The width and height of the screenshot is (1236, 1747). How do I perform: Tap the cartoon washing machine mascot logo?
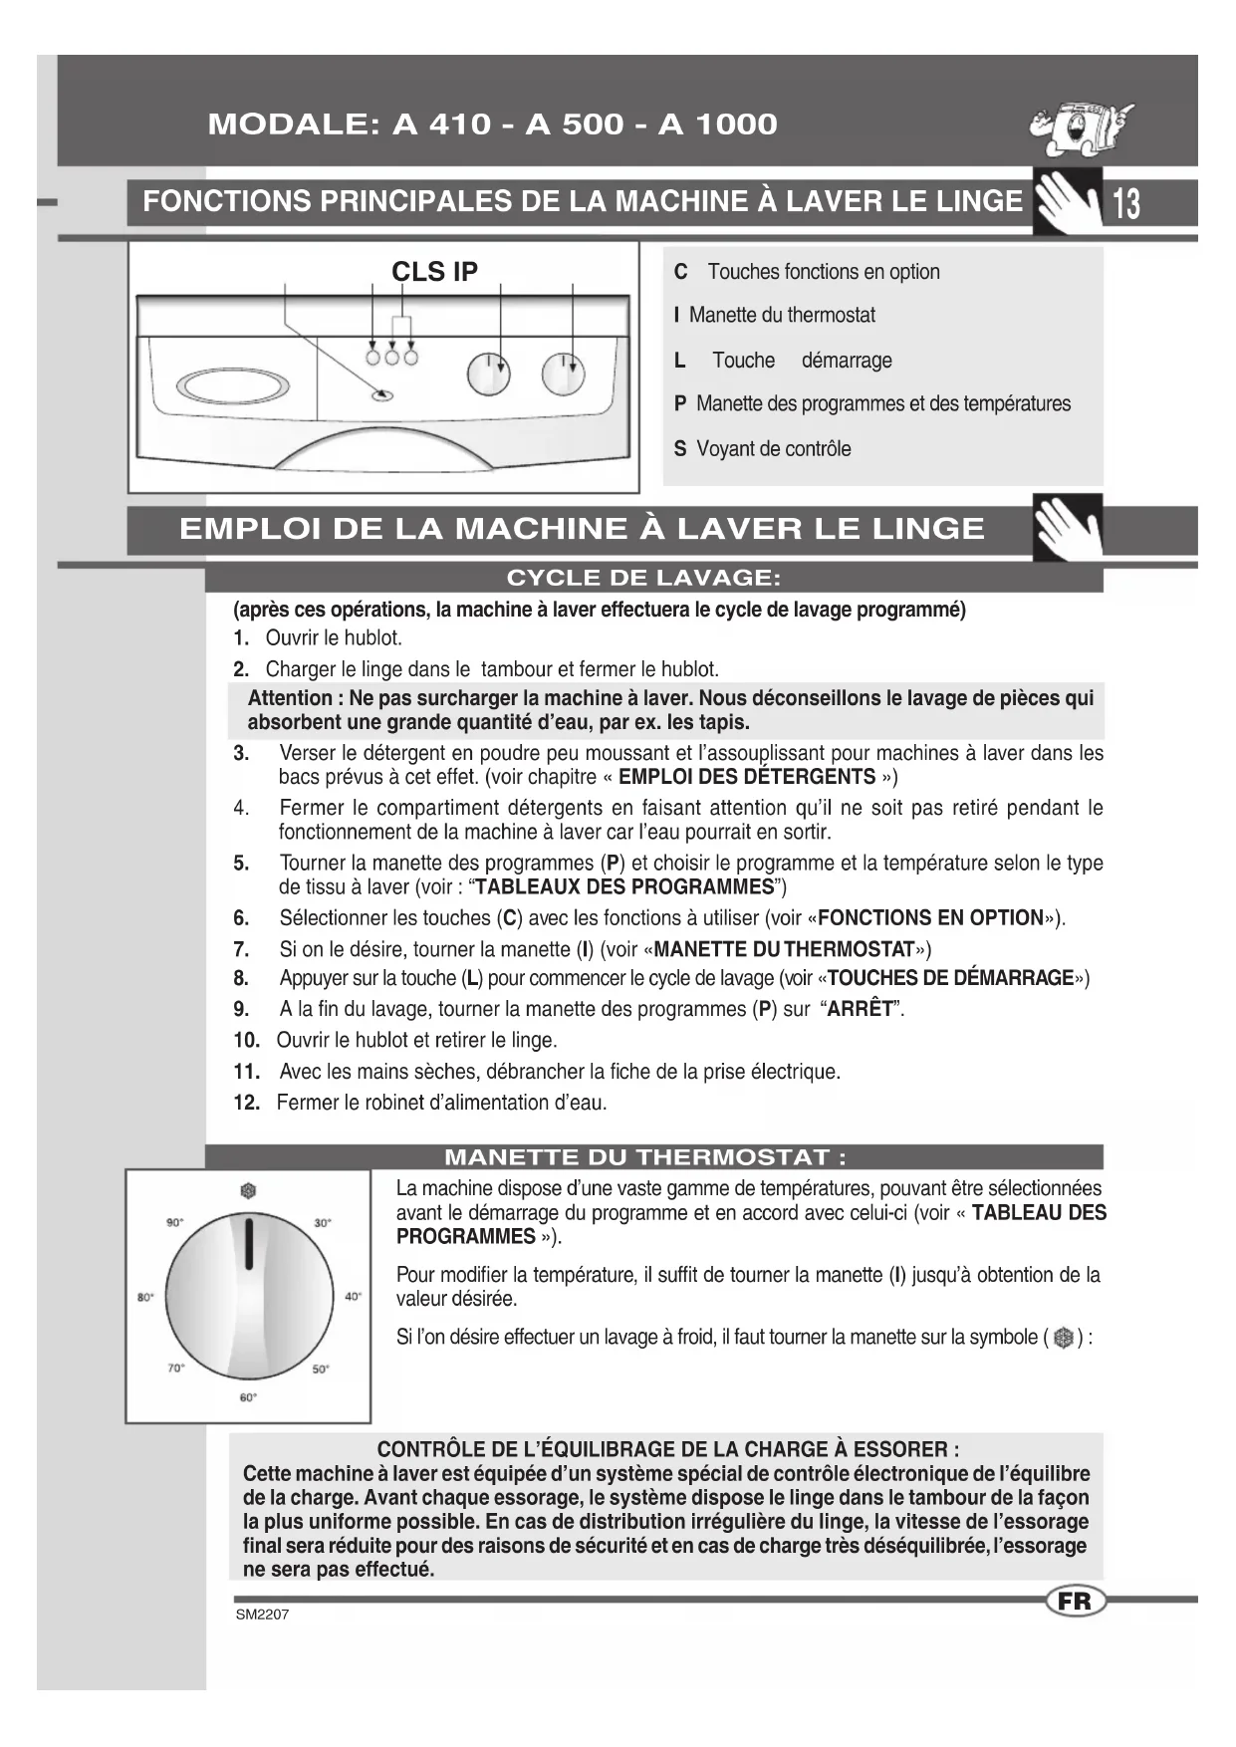point(1081,126)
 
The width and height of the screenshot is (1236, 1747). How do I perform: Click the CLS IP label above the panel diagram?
point(434,272)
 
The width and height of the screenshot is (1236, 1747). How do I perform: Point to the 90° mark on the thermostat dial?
point(174,1222)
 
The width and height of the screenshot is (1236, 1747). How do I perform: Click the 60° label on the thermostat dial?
point(248,1397)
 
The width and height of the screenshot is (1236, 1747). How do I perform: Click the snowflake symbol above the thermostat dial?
point(248,1190)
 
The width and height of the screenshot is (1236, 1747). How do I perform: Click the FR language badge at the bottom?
point(1076,1602)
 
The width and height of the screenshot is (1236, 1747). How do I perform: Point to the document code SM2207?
point(262,1615)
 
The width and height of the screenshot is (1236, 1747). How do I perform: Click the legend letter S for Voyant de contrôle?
point(680,449)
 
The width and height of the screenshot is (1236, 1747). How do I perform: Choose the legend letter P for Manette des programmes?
point(680,404)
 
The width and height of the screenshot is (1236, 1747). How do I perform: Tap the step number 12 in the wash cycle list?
point(246,1103)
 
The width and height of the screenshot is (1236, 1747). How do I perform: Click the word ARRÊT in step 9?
point(861,1009)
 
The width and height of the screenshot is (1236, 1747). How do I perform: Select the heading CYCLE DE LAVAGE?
point(643,579)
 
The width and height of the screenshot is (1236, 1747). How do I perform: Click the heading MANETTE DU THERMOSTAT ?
point(645,1157)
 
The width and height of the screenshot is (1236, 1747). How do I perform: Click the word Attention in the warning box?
point(290,698)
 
